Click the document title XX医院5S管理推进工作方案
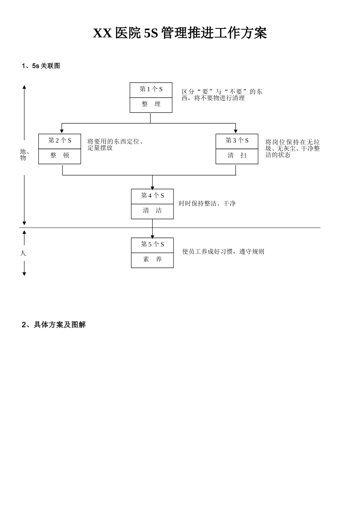[180, 33]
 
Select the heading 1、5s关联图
[41, 66]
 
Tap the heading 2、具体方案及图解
[54, 325]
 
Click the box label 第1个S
[151, 89]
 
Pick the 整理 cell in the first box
[151, 104]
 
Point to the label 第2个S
[59, 141]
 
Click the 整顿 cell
[59, 155]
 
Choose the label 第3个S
[237, 141]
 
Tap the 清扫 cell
[237, 155]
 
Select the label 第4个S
[152, 196]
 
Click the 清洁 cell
[152, 211]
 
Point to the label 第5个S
[152, 245]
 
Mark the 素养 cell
[152, 259]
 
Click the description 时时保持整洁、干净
[207, 204]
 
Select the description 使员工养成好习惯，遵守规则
[223, 251]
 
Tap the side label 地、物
[24, 155]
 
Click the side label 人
[23, 253]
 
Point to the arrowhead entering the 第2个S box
[62, 131]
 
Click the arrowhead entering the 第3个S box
[236, 131]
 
